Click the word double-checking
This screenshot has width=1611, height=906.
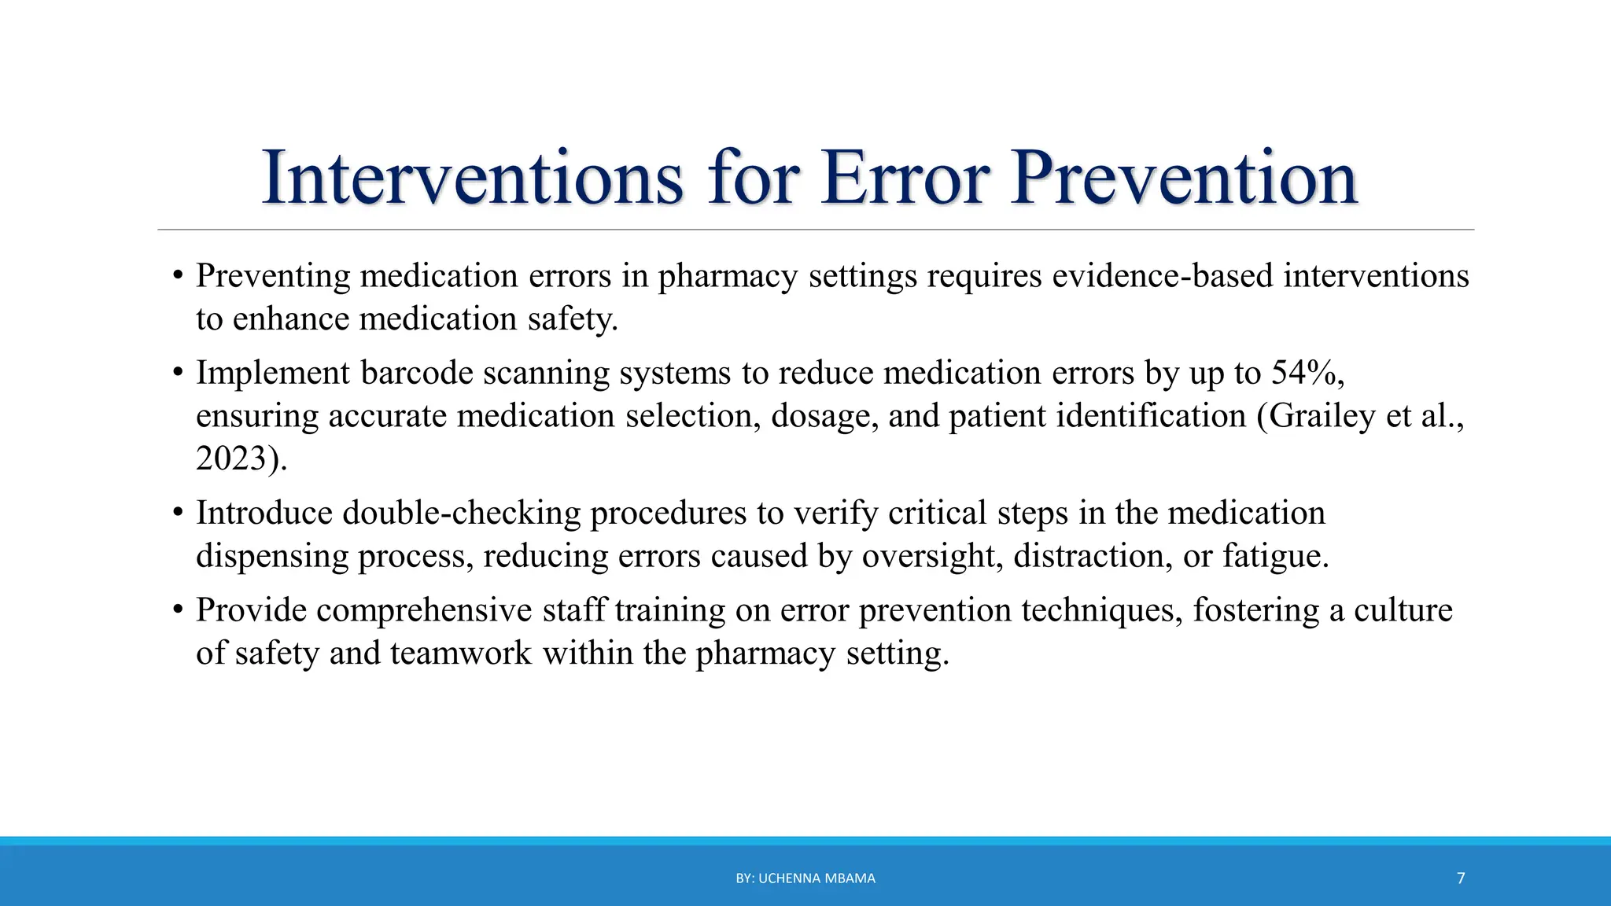pyautogui.click(x=461, y=514)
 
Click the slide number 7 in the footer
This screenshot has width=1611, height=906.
pyautogui.click(x=1461, y=878)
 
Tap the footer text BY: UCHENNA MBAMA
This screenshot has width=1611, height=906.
pyautogui.click(x=805, y=878)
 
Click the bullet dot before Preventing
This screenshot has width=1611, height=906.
pyautogui.click(x=179, y=277)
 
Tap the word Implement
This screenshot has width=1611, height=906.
pyautogui.click(x=273, y=373)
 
